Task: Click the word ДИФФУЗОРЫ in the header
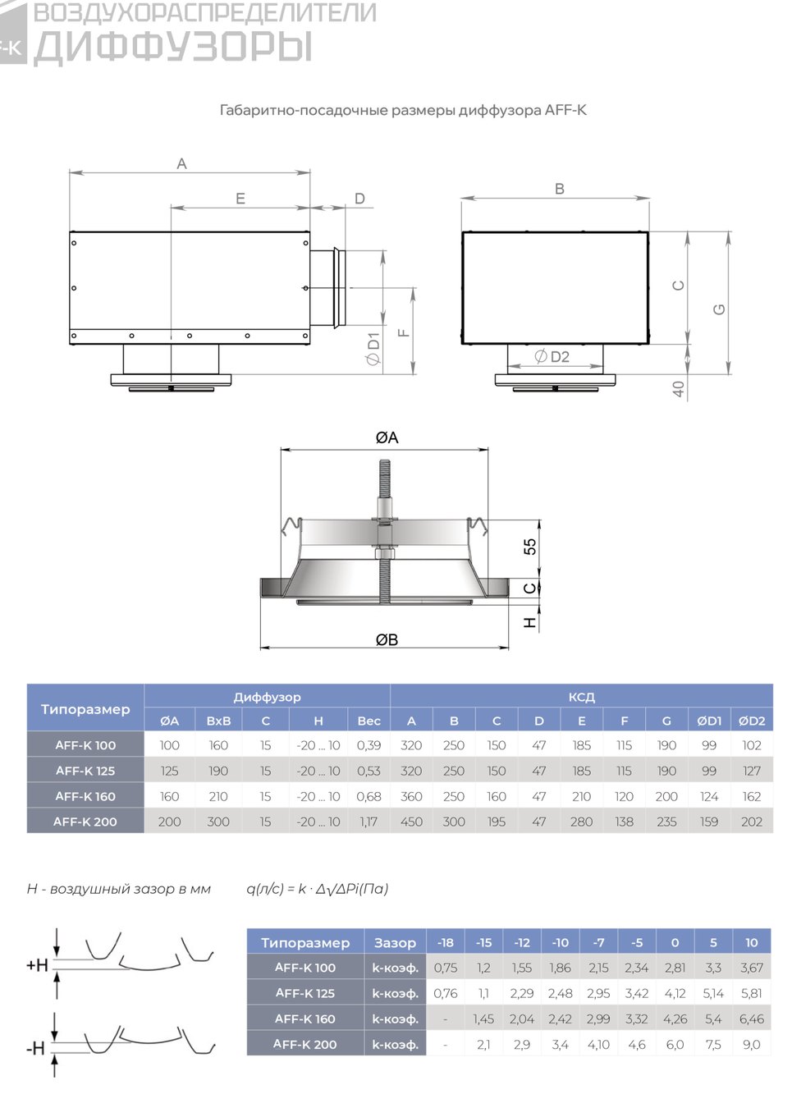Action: pos(173,47)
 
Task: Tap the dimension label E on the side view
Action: pos(240,199)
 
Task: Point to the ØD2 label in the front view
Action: pos(552,356)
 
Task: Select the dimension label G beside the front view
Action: pos(719,309)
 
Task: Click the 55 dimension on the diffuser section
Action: pos(529,547)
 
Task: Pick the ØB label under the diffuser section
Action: pos(387,640)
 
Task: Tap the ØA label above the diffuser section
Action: pos(387,437)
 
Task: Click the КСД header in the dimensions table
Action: pos(581,697)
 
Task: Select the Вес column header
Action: pos(369,721)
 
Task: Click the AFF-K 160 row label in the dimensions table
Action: pos(85,796)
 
